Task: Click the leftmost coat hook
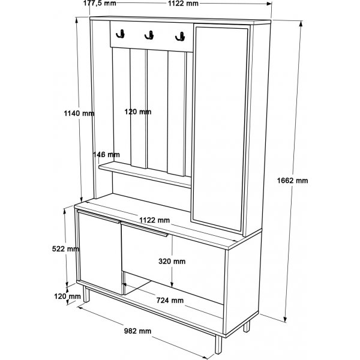[x=121, y=34]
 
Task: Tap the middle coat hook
[x=149, y=35]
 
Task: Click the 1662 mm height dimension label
[x=292, y=181]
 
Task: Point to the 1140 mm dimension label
[x=79, y=113]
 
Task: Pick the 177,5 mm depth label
[x=100, y=3]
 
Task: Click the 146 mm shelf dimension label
[x=106, y=155]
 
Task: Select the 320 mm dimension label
[x=172, y=261]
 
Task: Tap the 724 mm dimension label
[x=170, y=301]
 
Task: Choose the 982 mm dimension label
[x=138, y=331]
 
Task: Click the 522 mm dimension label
[x=65, y=248]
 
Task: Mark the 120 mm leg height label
[x=67, y=296]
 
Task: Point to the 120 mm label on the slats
[x=138, y=112]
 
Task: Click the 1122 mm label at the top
[x=183, y=4]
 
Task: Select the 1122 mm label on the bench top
[x=155, y=220]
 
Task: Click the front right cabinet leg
[x=218, y=344]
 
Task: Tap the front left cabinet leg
[x=86, y=294]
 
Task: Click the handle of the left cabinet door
[x=98, y=216]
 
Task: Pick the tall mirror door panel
[x=220, y=128]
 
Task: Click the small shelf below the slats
[x=145, y=175]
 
